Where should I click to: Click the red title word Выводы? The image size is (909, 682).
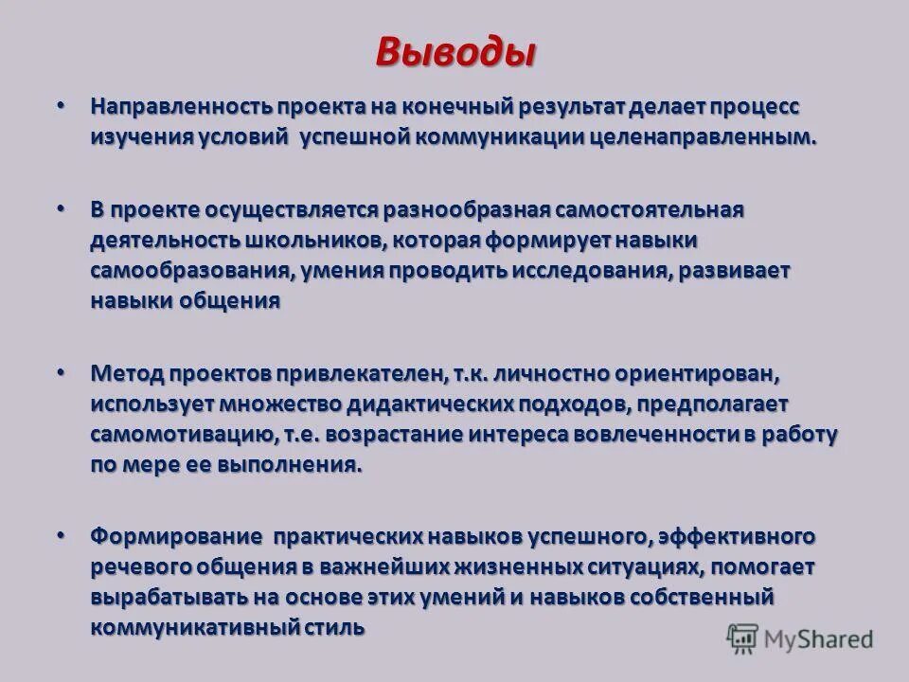pos(454,51)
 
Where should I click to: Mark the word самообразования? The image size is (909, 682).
pos(189,270)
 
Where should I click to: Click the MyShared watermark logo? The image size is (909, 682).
pos(799,638)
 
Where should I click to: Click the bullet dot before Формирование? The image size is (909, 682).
pos(62,534)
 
